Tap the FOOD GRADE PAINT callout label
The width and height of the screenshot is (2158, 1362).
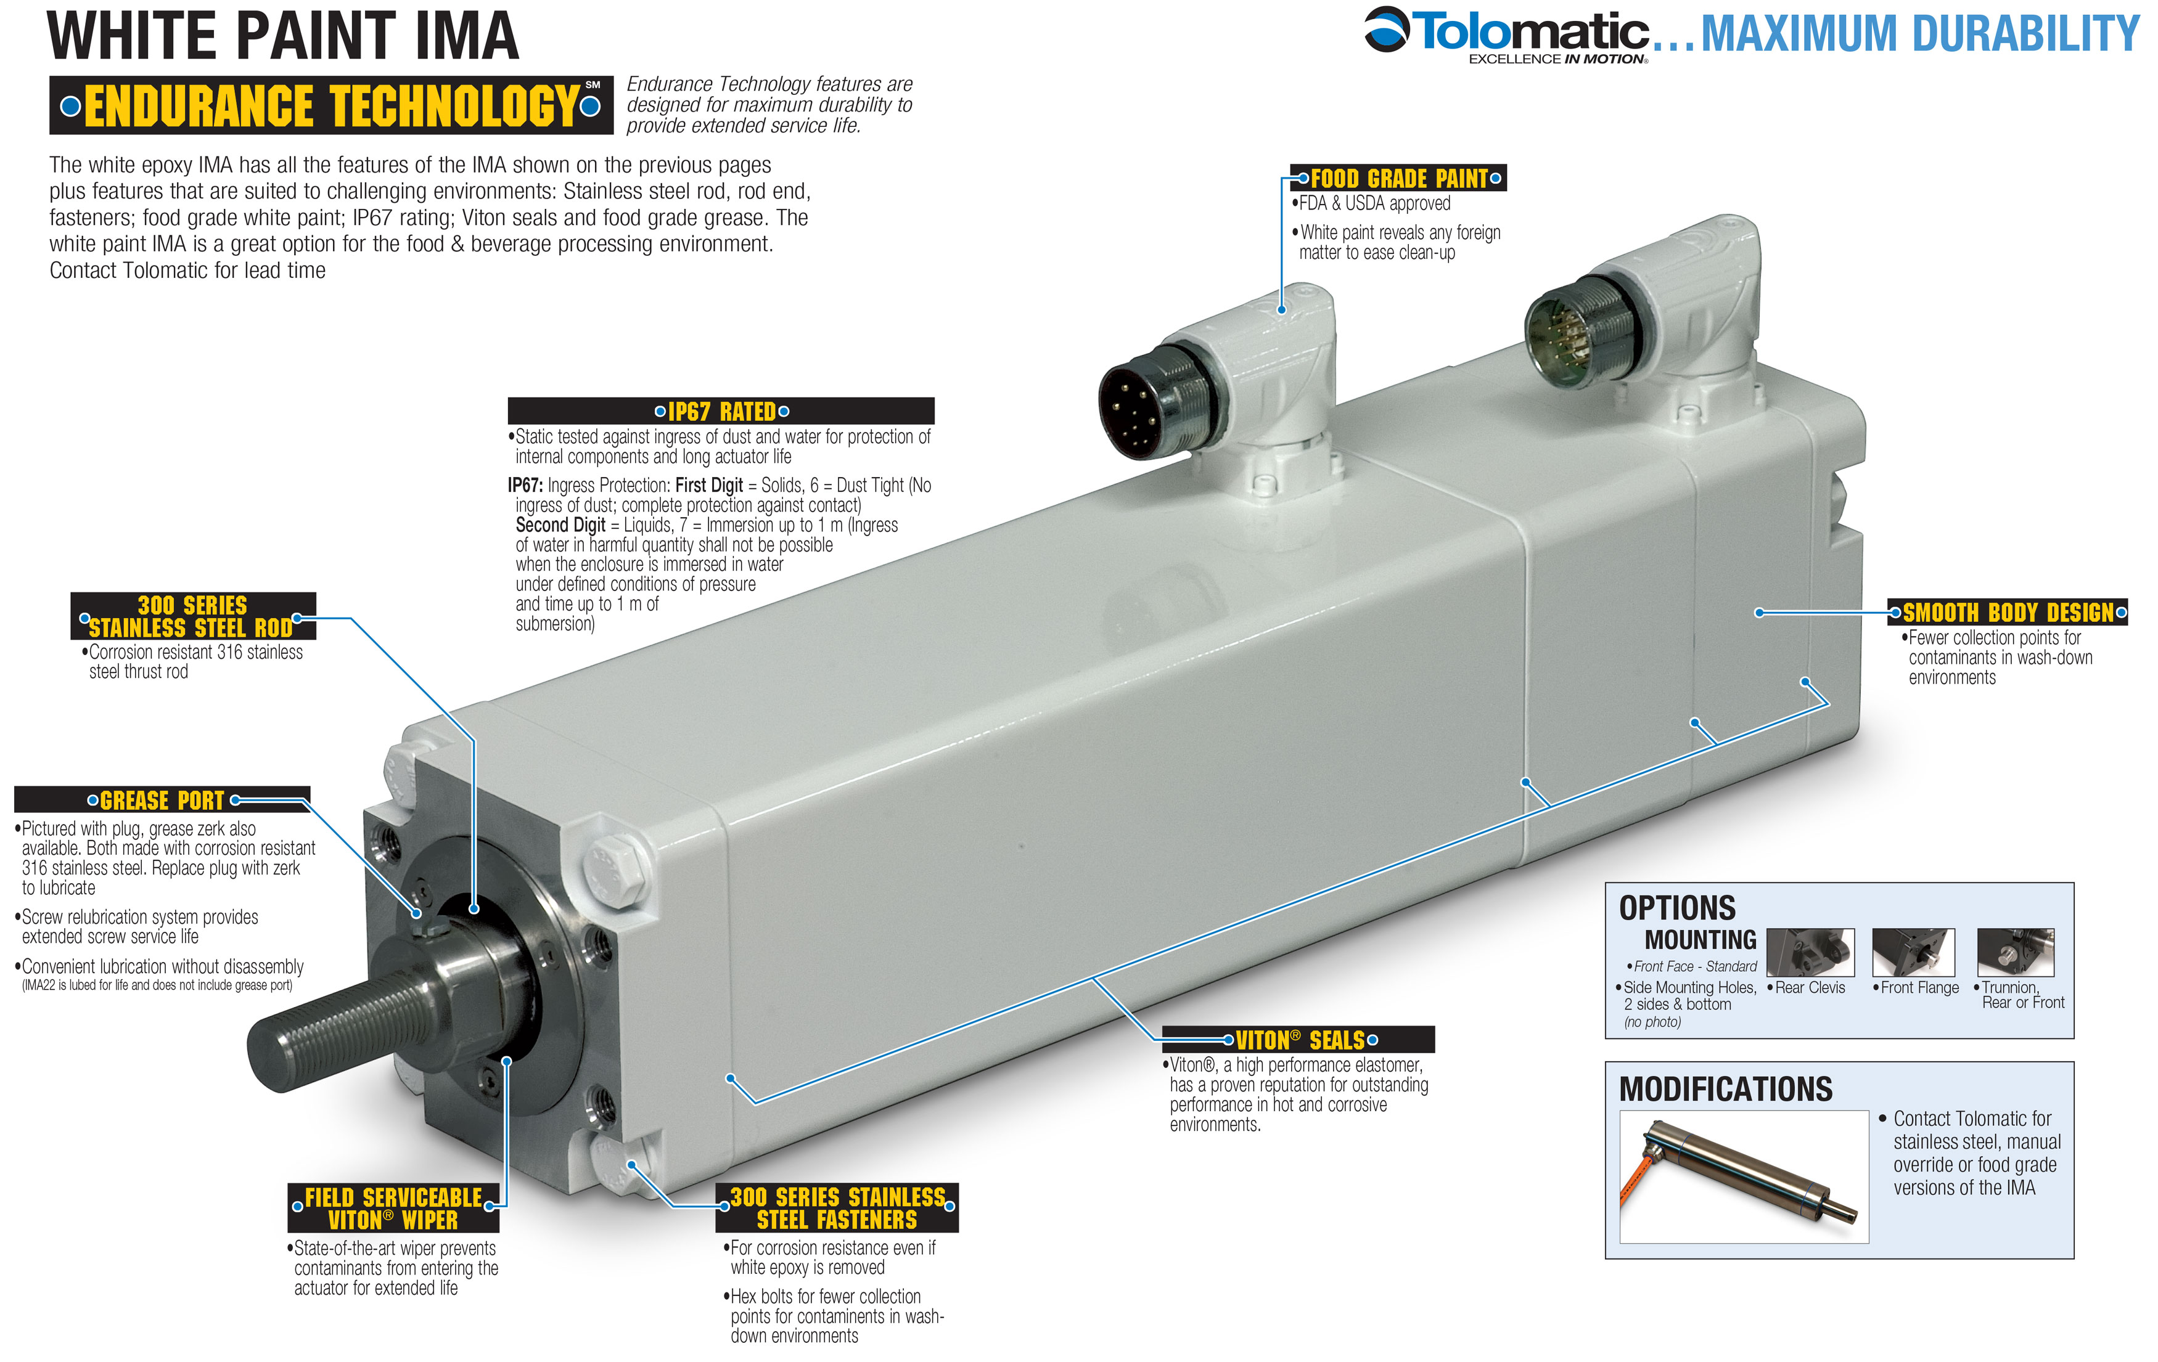pos(1398,178)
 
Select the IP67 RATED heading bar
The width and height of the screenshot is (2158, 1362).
pos(721,411)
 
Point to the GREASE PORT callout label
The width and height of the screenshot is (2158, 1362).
pos(162,800)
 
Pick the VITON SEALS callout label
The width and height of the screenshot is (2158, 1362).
pos(1300,1040)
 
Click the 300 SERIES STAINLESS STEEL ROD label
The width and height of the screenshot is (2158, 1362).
pos(192,616)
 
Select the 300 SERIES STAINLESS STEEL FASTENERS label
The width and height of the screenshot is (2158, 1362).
pos(837,1209)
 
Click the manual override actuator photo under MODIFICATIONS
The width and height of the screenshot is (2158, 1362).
pos(1743,1176)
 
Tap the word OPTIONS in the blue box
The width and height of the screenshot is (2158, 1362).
pos(1676,908)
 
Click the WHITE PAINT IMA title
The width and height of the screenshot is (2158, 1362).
pos(283,36)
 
